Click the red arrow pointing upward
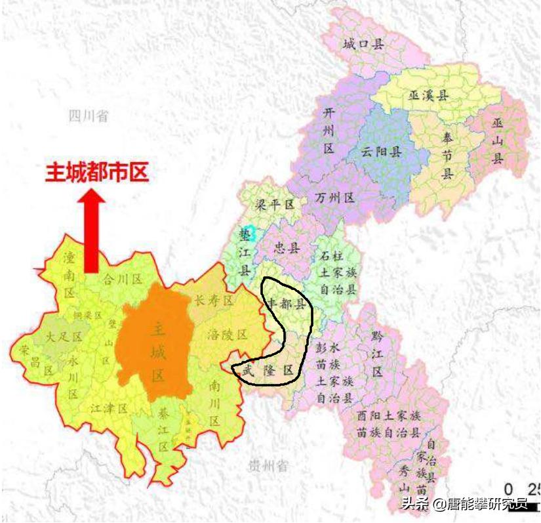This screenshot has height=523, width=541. coord(92,230)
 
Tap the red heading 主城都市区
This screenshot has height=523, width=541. coord(97,173)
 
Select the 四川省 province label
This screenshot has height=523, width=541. coord(89,117)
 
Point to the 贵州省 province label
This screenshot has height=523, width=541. coord(268,467)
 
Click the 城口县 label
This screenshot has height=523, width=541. coord(363,44)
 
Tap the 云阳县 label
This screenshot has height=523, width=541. coord(381,152)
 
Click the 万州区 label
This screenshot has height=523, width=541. coord(334,198)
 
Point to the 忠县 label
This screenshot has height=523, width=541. coord(286,249)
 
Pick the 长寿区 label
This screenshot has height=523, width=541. coord(214,301)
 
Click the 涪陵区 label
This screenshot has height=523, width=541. coord(227,334)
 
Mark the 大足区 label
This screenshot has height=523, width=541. coord(64,337)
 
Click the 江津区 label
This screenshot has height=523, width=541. coord(109,409)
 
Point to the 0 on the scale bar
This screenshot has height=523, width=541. coord(509,489)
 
